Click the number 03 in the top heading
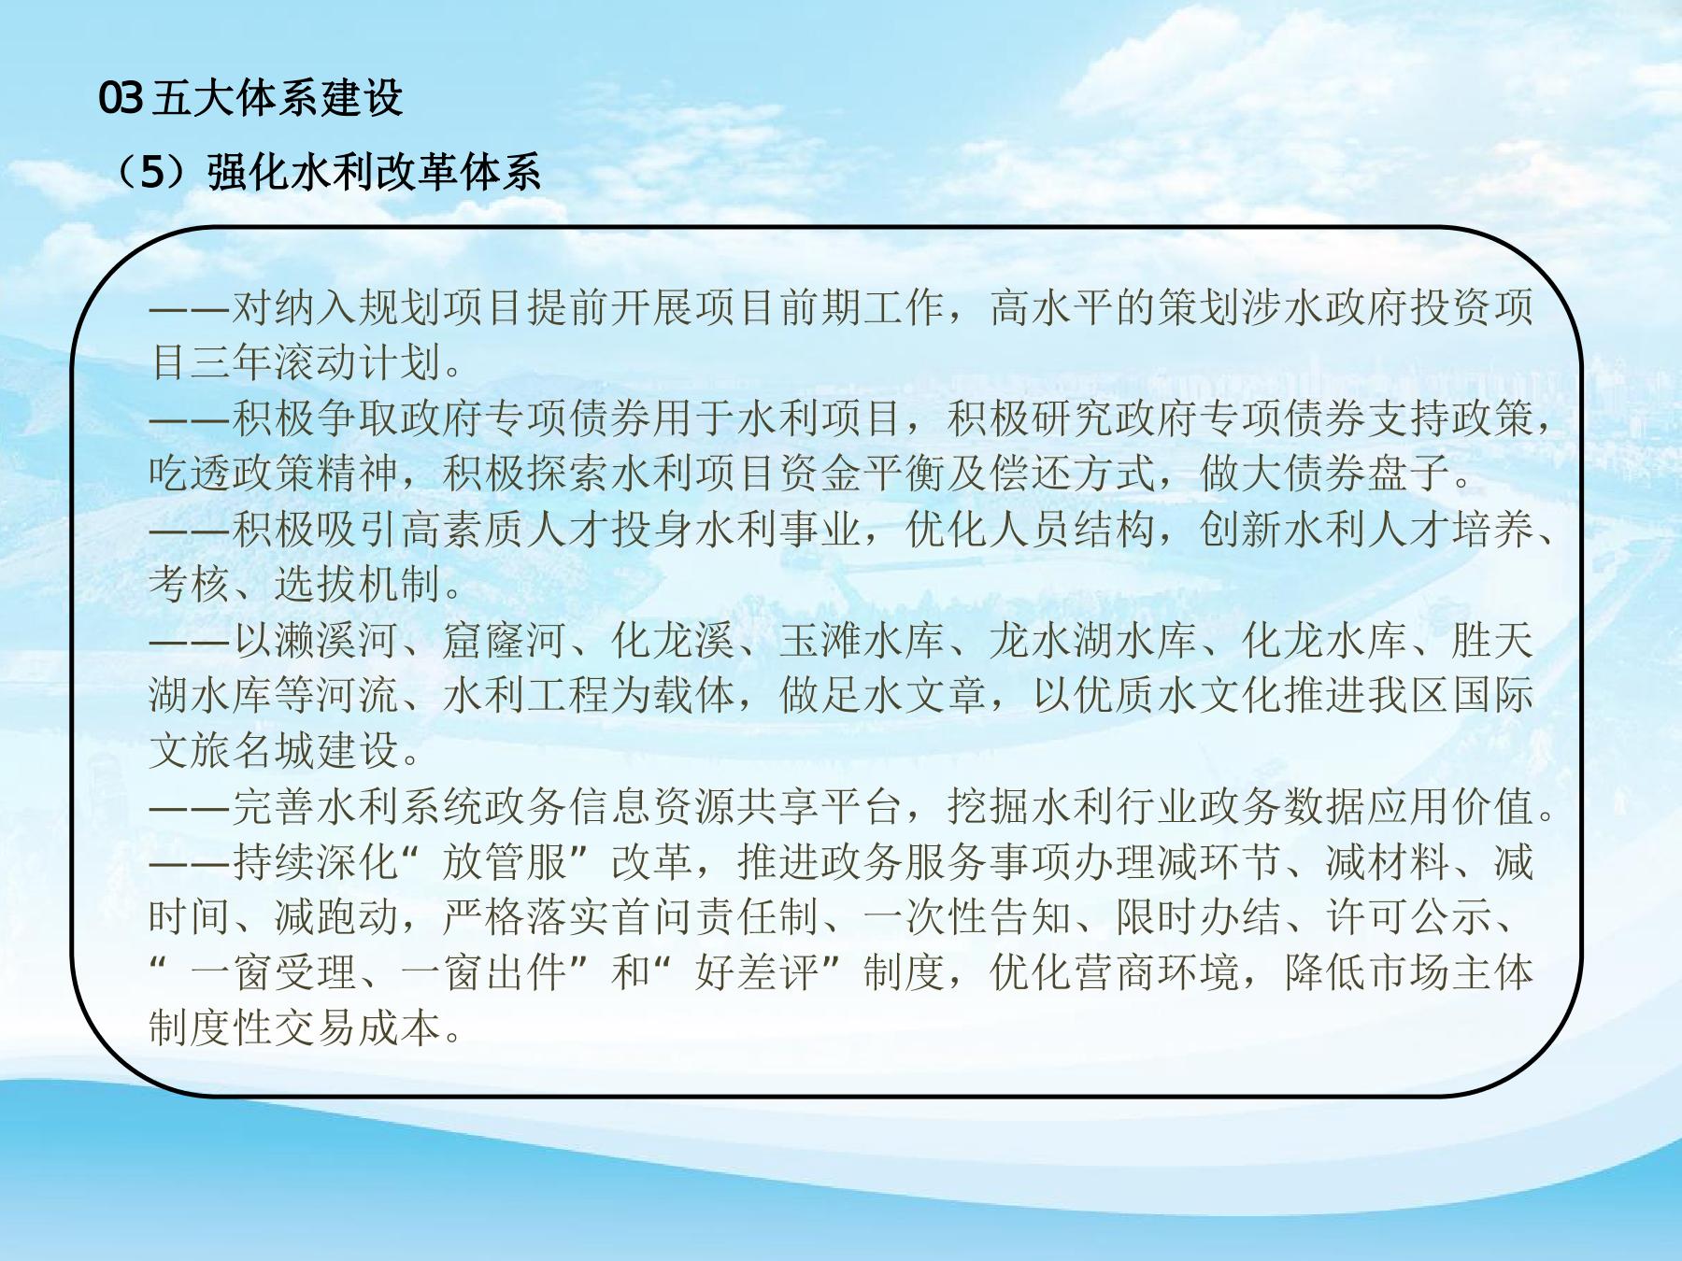click(x=121, y=98)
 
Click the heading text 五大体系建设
click(x=277, y=98)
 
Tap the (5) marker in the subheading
click(x=153, y=173)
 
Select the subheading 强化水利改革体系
click(x=374, y=173)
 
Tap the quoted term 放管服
click(x=505, y=861)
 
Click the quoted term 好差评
click(x=757, y=972)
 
